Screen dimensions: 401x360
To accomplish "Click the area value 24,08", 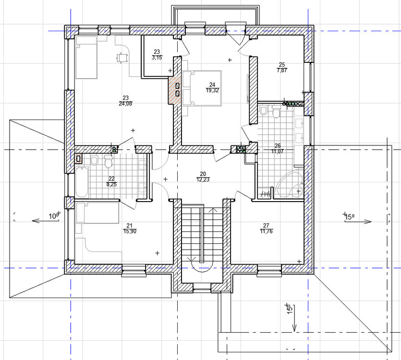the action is (125, 104).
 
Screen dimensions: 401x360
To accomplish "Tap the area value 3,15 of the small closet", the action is (157, 58).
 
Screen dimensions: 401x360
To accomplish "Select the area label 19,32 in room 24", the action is (212, 90).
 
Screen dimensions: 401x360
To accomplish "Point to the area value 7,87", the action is (282, 70).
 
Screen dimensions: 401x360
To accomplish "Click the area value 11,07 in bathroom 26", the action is (278, 151).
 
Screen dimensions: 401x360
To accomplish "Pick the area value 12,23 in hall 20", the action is (203, 180).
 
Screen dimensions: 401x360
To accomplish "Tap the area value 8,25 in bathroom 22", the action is (111, 184).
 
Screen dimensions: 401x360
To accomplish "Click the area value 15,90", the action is (129, 231).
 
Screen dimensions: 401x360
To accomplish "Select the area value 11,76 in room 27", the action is (266, 231).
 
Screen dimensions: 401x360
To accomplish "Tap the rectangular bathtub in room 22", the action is (82, 182).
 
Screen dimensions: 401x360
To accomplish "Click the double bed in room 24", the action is (202, 88).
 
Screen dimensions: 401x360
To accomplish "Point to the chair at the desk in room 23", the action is (122, 58).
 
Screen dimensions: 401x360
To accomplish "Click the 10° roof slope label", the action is (53, 216).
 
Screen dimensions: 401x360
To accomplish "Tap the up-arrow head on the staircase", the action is (213, 210).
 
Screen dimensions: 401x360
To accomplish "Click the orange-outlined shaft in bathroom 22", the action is (78, 158).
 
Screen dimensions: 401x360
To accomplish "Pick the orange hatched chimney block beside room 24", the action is (174, 90).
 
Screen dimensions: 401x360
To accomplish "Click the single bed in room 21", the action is (97, 213).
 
